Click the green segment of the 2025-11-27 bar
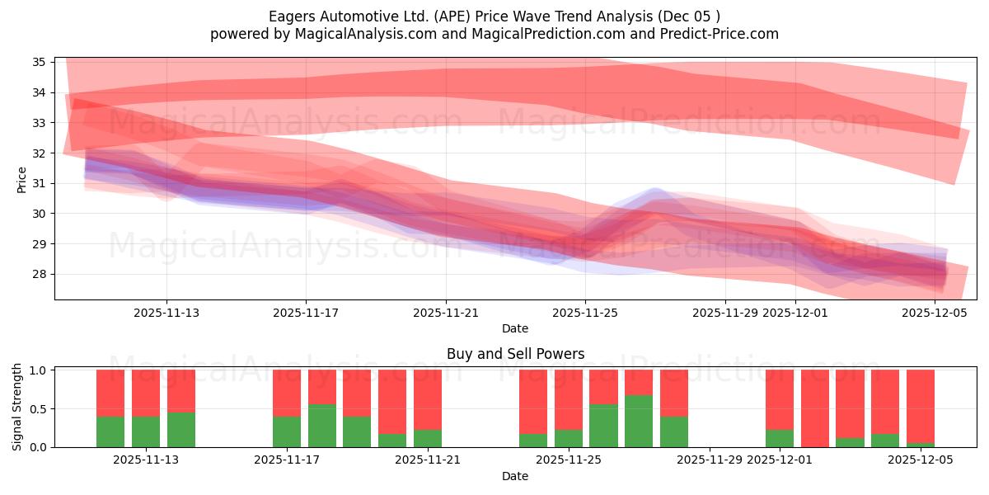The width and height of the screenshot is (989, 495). point(639,421)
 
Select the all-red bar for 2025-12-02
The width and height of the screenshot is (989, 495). point(815,408)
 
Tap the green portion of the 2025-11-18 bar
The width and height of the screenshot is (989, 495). point(322,426)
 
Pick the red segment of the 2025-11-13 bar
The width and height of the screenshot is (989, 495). point(181,390)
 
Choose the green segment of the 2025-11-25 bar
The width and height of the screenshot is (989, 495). point(568,438)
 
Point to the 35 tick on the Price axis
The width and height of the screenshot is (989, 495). point(39,62)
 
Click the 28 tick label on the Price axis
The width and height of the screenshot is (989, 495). point(39,275)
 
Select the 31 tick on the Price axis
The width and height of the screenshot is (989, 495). point(39,183)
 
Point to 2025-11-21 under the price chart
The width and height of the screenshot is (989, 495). point(446,313)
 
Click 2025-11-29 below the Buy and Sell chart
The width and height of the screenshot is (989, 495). point(710,460)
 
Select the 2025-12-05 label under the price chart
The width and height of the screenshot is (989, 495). point(935,313)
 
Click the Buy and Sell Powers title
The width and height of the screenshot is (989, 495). point(515,354)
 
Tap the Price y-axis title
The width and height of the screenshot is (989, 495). point(21,179)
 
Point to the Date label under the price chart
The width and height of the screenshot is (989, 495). point(515,328)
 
